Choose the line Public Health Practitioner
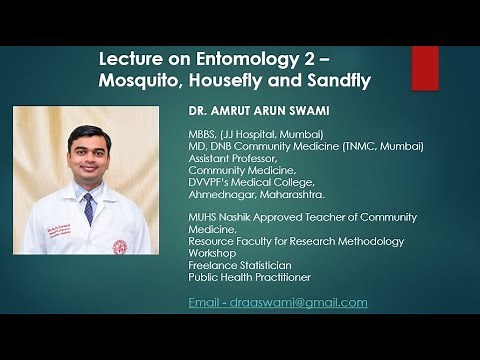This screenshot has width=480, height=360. click(x=249, y=277)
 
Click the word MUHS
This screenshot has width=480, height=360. click(x=204, y=217)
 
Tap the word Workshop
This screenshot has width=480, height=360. click(x=213, y=253)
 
